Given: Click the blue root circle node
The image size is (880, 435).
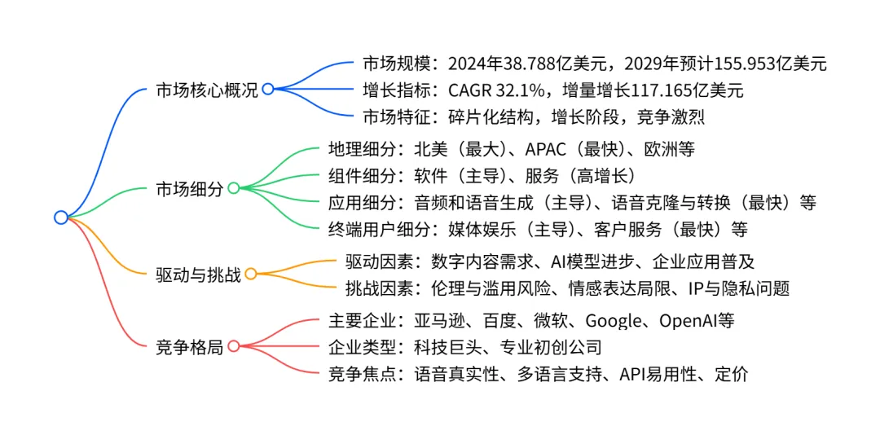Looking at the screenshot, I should [x=60, y=217].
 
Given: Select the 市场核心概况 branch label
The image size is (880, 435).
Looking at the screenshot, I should [x=207, y=90].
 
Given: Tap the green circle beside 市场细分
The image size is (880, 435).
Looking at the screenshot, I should [x=233, y=188].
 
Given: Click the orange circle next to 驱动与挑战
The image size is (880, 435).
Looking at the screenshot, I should [x=251, y=275].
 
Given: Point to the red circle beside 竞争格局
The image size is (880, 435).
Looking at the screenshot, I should [x=233, y=346].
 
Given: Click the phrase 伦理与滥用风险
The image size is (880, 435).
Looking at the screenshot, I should [x=491, y=288].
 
